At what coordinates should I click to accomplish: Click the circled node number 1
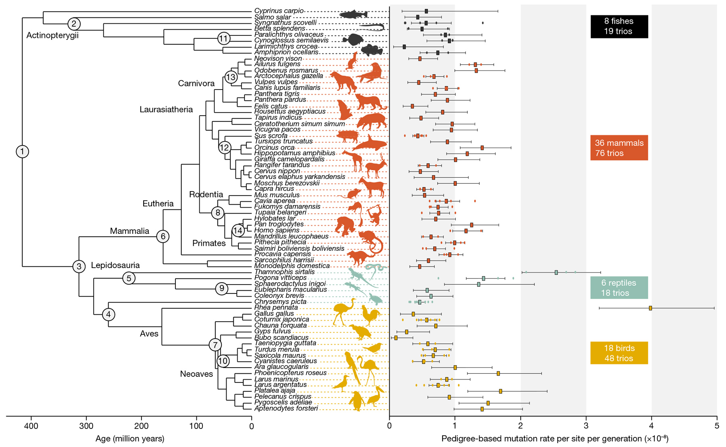[x=22, y=152]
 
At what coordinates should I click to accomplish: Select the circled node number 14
[x=238, y=231]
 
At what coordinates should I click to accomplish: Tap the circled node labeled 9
[x=221, y=289]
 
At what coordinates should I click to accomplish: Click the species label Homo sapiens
[x=276, y=230]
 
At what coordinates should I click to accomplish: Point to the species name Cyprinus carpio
[x=279, y=11]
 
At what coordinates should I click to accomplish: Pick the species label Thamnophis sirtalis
[x=284, y=272]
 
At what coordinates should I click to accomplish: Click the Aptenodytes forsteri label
[x=286, y=408]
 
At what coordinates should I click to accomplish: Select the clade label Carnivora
[x=196, y=83]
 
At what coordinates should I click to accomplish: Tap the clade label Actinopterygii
[x=52, y=35]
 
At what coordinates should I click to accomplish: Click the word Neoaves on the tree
[x=196, y=374]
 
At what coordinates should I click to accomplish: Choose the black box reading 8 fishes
[x=619, y=26]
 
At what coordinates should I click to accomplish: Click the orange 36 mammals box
[x=619, y=148]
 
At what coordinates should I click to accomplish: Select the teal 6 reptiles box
[x=619, y=288]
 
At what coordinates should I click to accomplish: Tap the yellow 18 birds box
[x=619, y=353]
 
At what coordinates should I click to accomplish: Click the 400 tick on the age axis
[x=31, y=426]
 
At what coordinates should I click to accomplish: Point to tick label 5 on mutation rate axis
[x=717, y=426]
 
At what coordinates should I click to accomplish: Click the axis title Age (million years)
[x=129, y=439]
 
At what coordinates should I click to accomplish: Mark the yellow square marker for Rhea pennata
[x=651, y=308]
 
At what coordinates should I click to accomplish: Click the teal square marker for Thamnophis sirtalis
[x=556, y=272]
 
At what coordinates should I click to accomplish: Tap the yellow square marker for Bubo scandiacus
[x=396, y=338]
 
